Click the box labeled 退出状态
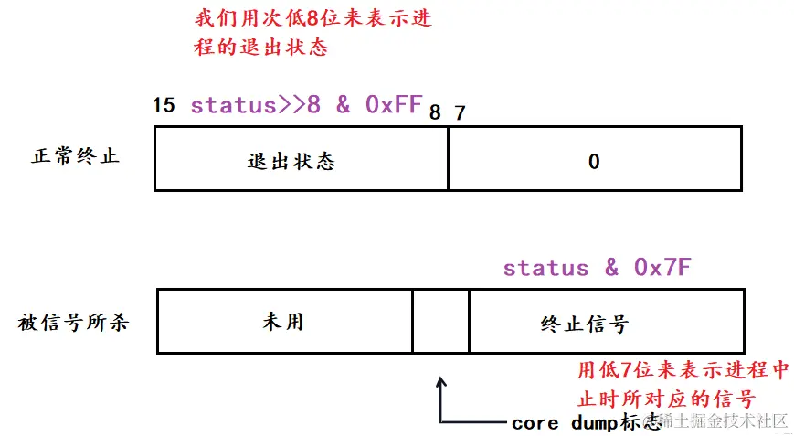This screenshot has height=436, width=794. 301,159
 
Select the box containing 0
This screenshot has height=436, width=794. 594,159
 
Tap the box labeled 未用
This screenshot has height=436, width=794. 284,321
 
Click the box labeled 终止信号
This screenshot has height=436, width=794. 607,321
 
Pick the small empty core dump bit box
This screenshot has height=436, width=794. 440,321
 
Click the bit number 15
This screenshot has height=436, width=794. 164,104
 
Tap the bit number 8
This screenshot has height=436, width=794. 434,112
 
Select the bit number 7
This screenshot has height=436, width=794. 460,112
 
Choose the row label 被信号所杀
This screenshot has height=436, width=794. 73,322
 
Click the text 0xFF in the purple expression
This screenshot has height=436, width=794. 393,104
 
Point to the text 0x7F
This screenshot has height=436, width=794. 662,267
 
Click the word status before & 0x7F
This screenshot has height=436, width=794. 545,267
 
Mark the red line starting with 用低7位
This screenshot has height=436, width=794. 683,371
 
